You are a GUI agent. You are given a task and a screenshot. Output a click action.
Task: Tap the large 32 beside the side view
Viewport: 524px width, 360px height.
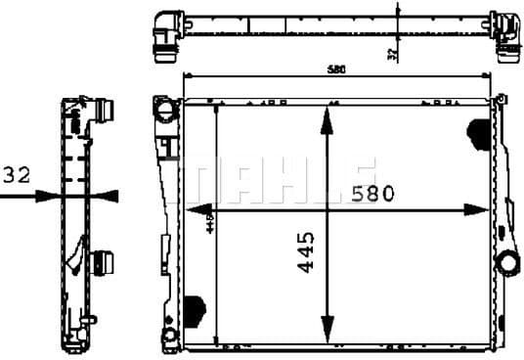point(17,175)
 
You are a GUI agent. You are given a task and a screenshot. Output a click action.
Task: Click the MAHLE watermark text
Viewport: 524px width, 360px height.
point(284,178)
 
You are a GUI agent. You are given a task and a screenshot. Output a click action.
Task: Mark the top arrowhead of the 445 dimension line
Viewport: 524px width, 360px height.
point(327,115)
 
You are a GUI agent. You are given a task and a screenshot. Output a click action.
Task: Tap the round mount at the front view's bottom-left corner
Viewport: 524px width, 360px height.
point(170,338)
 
